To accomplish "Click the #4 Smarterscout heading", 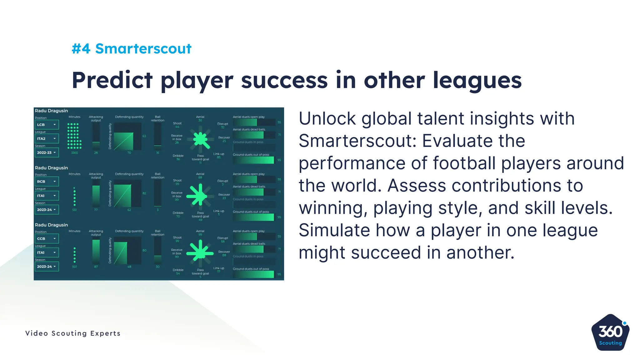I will (131, 49).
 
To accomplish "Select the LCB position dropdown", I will (47, 125).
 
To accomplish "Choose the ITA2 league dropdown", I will (47, 138).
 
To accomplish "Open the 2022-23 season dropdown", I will (47, 152).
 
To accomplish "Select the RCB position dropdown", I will (47, 182).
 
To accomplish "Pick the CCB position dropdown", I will (47, 238).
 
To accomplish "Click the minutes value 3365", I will (74, 153).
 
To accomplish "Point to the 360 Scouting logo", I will (610, 332).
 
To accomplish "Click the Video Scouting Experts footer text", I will (73, 333).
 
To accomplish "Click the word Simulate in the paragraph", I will (334, 230).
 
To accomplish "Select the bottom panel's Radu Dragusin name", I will (51, 225).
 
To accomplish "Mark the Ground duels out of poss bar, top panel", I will (253, 160).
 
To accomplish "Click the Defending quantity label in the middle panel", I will (129, 174).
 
